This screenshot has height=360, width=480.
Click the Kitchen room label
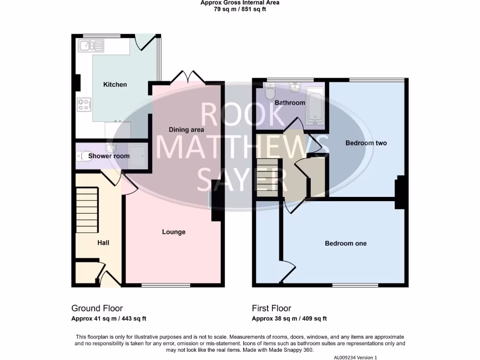[115, 85]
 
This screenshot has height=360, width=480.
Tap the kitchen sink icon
[91, 46]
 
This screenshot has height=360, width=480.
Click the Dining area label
[187, 130]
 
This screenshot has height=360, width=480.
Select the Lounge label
[174, 232]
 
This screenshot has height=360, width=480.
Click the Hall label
[103, 243]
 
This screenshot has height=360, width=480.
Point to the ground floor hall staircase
[87, 210]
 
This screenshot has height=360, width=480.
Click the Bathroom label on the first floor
[290, 103]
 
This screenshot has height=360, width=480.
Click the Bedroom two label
[366, 143]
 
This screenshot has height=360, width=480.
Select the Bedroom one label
[346, 244]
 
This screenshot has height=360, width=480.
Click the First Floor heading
[271, 308]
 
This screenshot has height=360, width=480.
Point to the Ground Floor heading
[97, 308]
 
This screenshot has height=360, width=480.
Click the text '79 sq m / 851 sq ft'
[240, 9]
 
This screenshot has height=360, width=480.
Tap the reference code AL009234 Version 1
[355, 358]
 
